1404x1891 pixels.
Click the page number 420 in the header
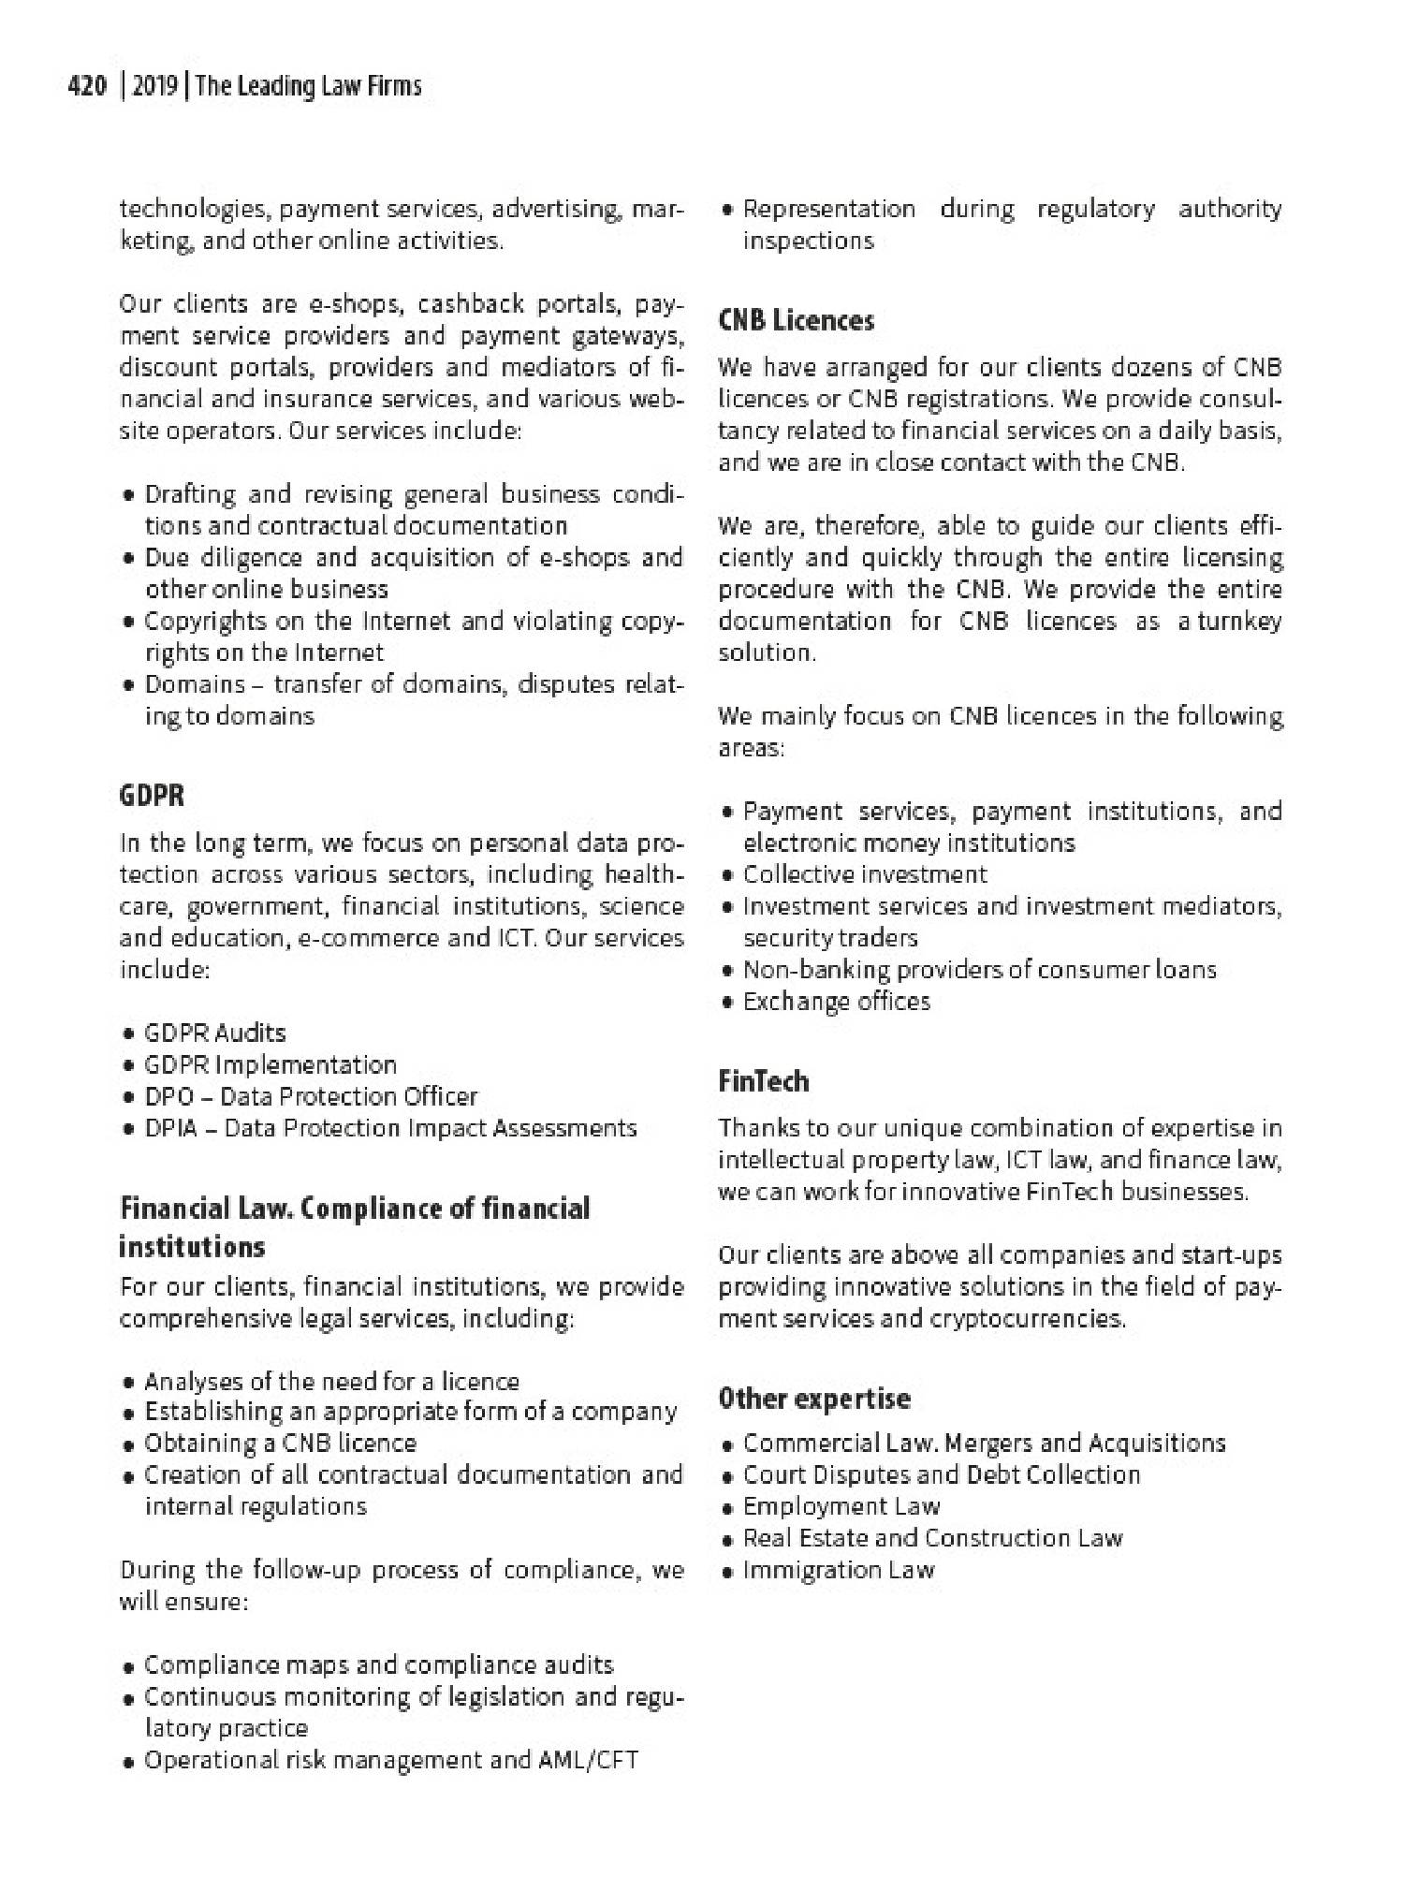(88, 87)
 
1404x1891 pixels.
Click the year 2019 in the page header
(155, 87)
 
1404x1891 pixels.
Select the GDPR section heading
(152, 796)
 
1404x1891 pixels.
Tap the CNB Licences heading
(796, 321)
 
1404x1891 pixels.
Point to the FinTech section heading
(763, 1081)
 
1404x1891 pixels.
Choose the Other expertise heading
(813, 1398)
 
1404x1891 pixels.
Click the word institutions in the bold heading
(192, 1247)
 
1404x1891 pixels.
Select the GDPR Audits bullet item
(214, 1033)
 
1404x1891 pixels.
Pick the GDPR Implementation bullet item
(271, 1064)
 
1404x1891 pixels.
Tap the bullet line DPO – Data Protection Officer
(311, 1096)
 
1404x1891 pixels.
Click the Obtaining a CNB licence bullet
(280, 1443)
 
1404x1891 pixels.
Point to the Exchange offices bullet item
(836, 1002)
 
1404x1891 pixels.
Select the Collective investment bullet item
(865, 874)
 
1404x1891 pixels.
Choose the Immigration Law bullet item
(838, 1570)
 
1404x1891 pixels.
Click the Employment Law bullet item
(841, 1506)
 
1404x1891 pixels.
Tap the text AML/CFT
(588, 1761)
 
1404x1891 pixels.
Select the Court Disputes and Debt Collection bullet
(941, 1474)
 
